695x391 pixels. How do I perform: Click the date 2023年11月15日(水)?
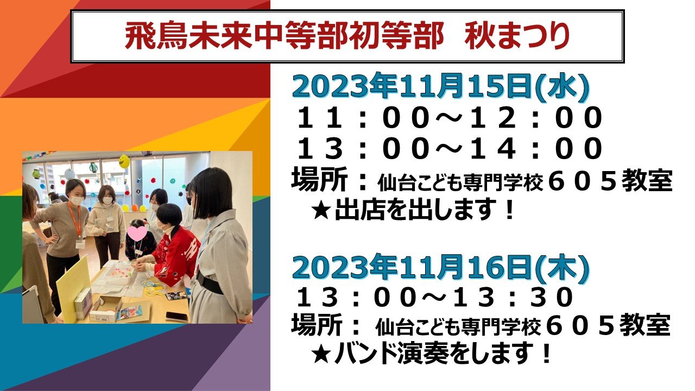(440, 86)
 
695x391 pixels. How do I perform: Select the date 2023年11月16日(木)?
(440, 268)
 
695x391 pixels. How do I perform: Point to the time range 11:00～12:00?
(449, 117)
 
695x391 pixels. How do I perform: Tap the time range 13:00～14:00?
(449, 148)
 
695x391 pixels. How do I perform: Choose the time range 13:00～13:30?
(434, 297)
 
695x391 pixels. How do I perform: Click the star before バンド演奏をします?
(321, 355)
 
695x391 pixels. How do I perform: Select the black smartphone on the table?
(177, 317)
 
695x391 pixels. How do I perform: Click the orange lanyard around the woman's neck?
(75, 218)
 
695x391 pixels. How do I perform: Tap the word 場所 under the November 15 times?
(319, 181)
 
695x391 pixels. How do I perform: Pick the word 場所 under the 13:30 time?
(317, 324)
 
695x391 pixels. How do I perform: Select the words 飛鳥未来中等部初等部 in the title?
(284, 37)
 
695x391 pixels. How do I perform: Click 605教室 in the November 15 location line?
(610, 181)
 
